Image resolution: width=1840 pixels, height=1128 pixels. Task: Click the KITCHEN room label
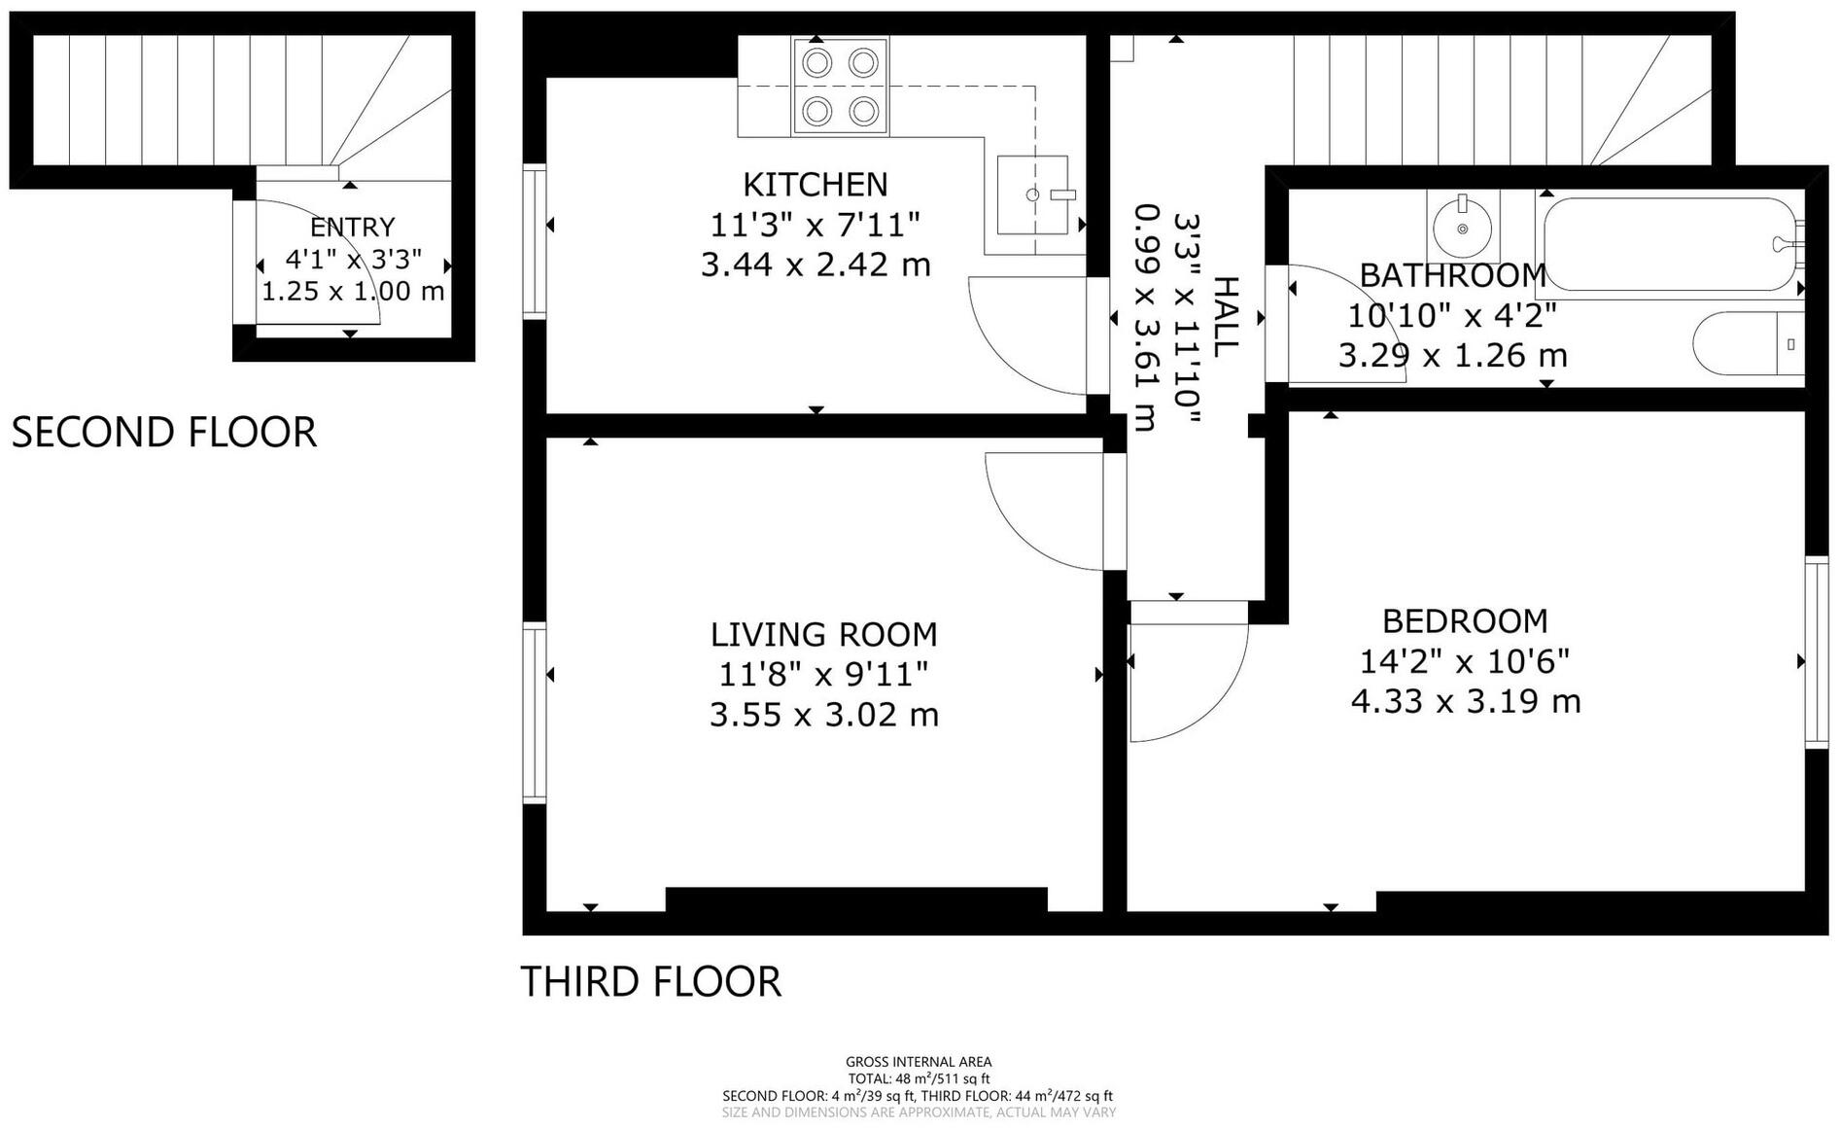(x=816, y=184)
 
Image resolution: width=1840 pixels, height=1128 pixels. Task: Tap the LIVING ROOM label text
(x=824, y=634)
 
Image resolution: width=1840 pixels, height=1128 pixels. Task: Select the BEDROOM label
(x=1466, y=620)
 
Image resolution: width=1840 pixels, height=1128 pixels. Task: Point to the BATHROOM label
(x=1452, y=275)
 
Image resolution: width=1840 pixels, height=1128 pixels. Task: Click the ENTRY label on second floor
(x=353, y=227)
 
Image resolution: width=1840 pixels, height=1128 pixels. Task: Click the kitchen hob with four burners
(x=840, y=87)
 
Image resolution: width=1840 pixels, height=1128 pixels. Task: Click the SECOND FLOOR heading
(x=164, y=433)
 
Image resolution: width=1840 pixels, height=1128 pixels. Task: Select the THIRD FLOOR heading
(x=651, y=982)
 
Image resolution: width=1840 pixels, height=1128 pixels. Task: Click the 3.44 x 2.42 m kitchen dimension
(x=816, y=264)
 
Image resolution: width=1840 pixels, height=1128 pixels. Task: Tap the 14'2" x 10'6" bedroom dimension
(x=1465, y=661)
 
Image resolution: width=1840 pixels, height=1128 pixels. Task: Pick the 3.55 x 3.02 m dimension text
(x=824, y=716)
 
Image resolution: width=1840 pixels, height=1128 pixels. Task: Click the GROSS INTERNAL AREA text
(x=919, y=1062)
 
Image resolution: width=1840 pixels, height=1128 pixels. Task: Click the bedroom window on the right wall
(x=1817, y=652)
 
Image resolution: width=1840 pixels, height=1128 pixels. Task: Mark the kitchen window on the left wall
(x=535, y=241)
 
